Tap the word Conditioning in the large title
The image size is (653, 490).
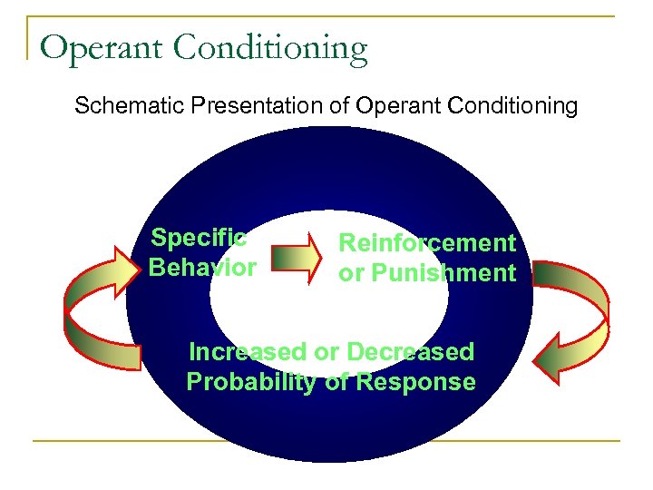pos(269,48)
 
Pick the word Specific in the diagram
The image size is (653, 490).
pos(199,239)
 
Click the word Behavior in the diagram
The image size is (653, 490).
pos(202,268)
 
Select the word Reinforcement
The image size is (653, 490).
pos(427,243)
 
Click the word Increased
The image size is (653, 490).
pos(247,351)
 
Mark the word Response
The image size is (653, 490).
pos(415,382)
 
